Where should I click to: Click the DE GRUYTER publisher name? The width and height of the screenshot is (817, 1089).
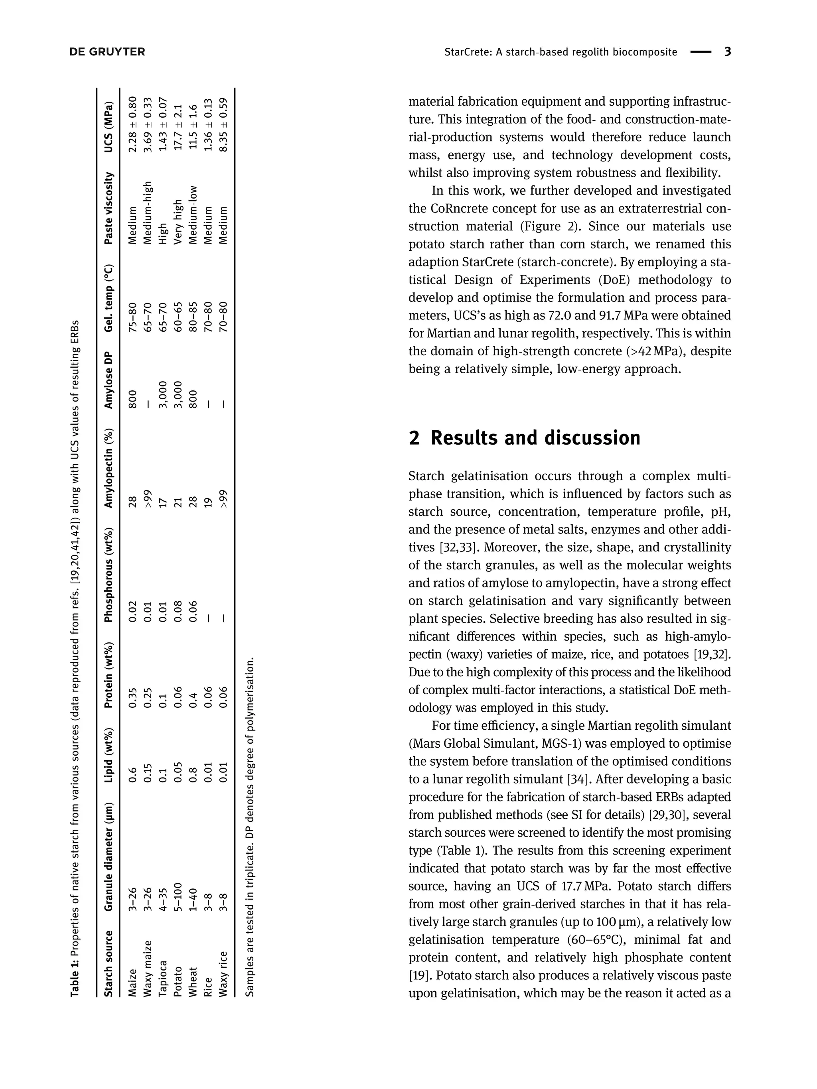click(x=107, y=52)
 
